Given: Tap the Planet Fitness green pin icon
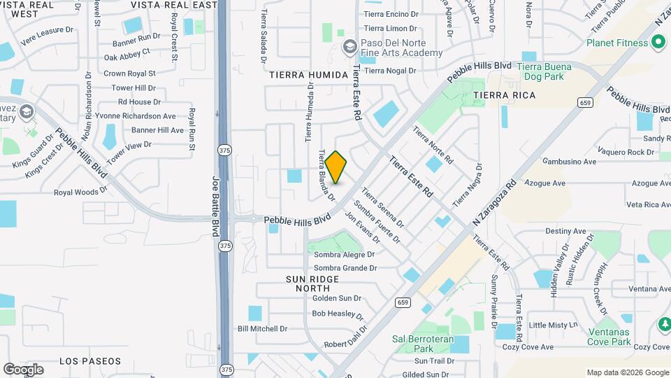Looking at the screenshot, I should [x=658, y=43].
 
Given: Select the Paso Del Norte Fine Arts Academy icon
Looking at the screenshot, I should [x=349, y=48].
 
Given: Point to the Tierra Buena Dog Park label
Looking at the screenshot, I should [x=543, y=71].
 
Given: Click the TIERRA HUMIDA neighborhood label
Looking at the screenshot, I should [x=308, y=75].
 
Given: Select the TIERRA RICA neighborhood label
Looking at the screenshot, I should [x=504, y=95].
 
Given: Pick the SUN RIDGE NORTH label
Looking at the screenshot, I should [x=312, y=283].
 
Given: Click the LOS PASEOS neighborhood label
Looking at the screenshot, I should [x=90, y=361].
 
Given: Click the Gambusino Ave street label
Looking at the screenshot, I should [x=570, y=162].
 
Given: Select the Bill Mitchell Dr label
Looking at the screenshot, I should [x=262, y=328].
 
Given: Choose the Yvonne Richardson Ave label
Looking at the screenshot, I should [x=145, y=115].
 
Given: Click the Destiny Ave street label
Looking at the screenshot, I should [x=565, y=231].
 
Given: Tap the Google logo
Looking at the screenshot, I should [x=23, y=370].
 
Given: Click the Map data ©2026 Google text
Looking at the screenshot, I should [x=627, y=372].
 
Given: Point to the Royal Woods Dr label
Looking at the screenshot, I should [x=80, y=191].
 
